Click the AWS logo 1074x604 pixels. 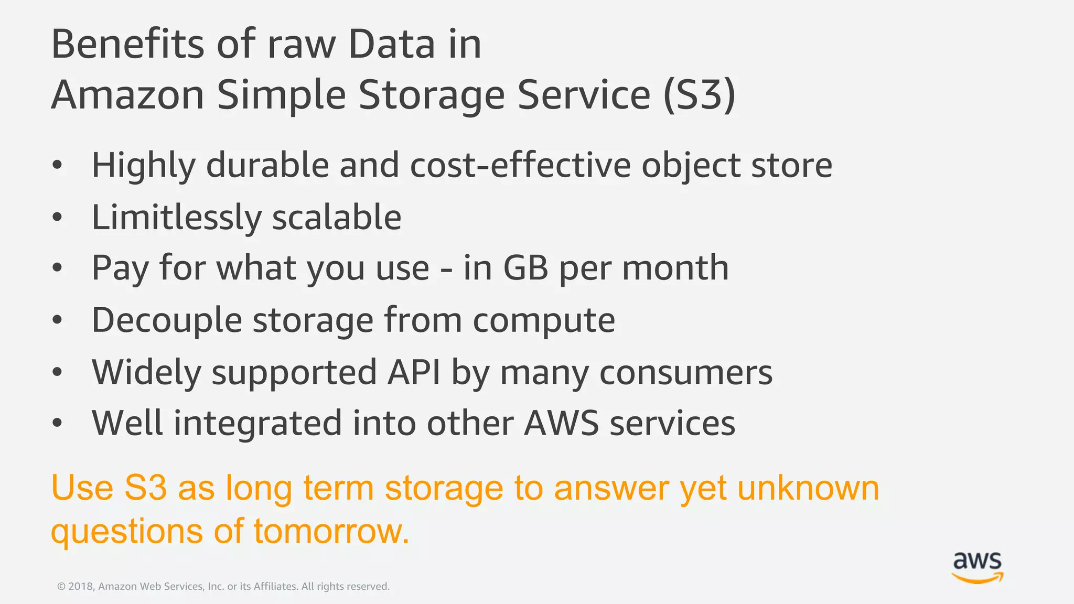coord(978,567)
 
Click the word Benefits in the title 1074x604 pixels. coord(127,44)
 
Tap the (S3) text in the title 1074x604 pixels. coord(699,95)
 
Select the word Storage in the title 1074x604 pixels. coord(432,95)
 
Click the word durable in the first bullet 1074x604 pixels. coord(267,165)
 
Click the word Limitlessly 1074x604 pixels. coord(176,218)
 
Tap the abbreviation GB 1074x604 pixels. coord(525,268)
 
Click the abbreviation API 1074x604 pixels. coord(414,372)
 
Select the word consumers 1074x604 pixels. coord(686,372)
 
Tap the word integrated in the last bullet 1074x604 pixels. coord(257,424)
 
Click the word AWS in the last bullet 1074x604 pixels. coord(561,424)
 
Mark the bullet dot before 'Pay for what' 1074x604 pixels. coord(57,268)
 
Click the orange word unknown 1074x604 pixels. coord(808,488)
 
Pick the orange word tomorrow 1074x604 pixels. coord(331,531)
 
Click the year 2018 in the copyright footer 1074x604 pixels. coord(80,586)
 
